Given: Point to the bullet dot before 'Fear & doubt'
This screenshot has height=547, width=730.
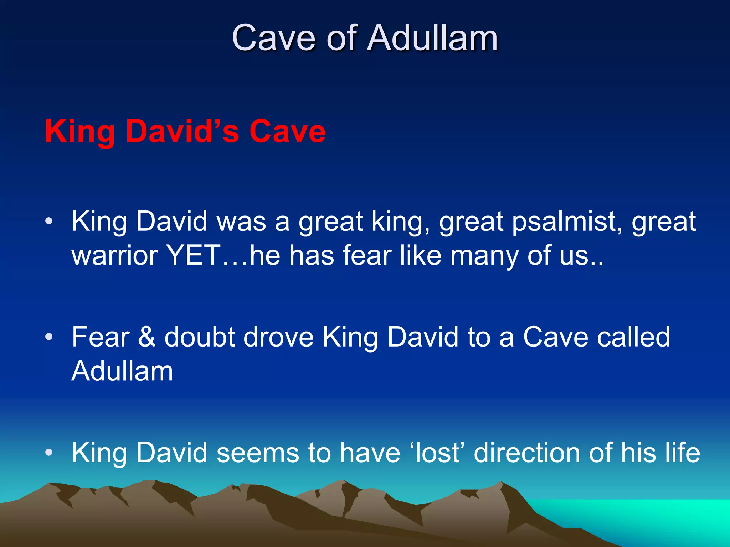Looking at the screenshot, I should coord(49,337).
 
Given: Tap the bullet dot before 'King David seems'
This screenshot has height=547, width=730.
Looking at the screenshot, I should coord(49,452).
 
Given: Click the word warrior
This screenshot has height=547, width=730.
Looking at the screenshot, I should coord(114,256).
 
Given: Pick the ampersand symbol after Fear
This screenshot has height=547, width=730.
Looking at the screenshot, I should coord(147,337).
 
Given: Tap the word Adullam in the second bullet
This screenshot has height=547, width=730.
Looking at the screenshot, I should coord(122,371).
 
